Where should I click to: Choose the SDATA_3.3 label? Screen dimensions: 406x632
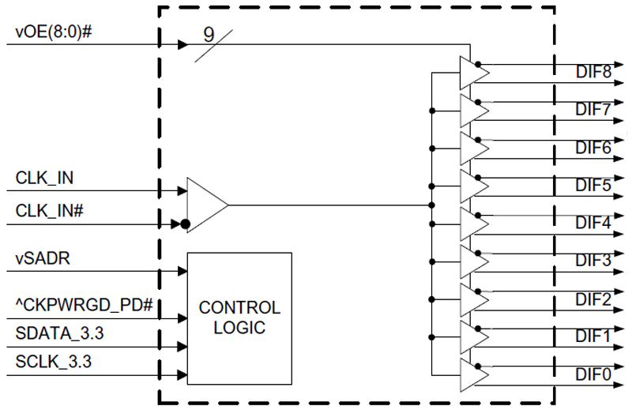click(x=59, y=333)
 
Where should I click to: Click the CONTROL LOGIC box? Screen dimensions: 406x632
click(x=239, y=318)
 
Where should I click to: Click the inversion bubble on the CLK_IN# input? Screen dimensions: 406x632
click(x=184, y=224)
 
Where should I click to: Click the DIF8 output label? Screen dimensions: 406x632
click(x=592, y=73)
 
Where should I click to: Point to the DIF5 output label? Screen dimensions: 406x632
click(x=592, y=186)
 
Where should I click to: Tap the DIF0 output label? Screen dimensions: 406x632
click(x=592, y=374)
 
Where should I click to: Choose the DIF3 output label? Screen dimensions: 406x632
click(x=592, y=261)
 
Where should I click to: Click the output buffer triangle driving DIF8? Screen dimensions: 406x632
click(x=473, y=73)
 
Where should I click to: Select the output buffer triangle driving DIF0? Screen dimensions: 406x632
click(x=473, y=374)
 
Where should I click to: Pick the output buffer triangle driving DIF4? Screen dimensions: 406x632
click(x=473, y=224)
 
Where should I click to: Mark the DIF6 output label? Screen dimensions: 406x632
click(x=592, y=148)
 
